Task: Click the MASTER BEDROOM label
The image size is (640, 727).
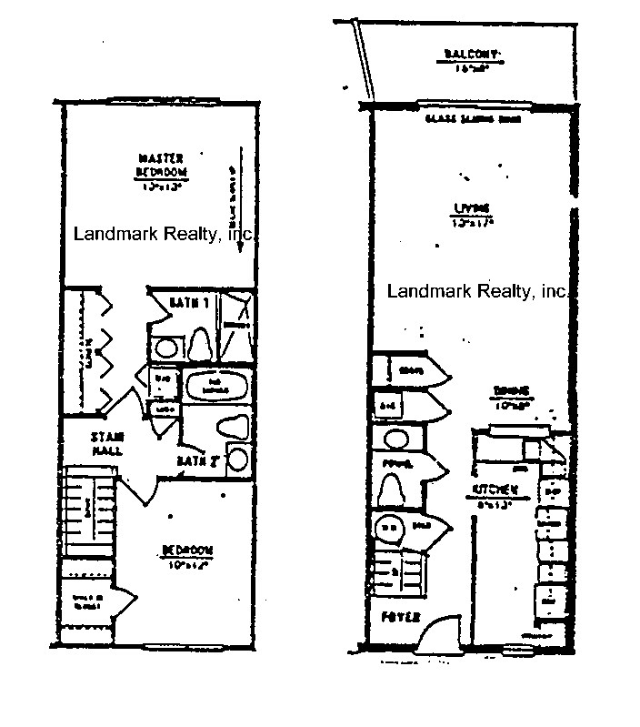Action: click(x=162, y=164)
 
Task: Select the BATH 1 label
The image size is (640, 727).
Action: click(x=193, y=302)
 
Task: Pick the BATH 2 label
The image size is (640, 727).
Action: click(x=199, y=462)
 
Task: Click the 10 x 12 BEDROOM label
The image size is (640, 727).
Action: click(x=186, y=555)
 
